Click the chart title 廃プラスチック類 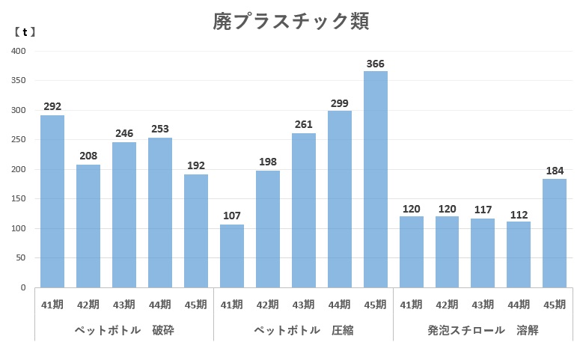290,22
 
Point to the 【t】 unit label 25,32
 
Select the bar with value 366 376,180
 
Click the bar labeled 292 52,201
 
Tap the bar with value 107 232,256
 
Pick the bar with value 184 555,233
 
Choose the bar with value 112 519,254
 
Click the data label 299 340,103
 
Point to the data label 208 88,157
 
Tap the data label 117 483,211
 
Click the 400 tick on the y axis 19,51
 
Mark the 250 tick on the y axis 19,140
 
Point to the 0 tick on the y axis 23,287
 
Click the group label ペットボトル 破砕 124,329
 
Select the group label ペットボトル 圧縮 303,329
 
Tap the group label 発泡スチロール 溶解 483,329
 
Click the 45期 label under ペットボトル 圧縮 376,305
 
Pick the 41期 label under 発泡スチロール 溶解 411,305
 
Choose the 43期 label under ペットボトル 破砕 124,305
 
